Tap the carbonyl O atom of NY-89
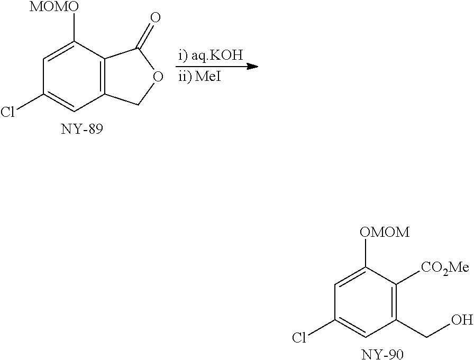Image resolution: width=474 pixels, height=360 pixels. pos(155,18)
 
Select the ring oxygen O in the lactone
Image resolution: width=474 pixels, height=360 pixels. pos(156,77)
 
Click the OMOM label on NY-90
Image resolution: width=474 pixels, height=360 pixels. pos(385,232)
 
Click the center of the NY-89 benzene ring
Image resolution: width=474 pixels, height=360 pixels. pos(74,77)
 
